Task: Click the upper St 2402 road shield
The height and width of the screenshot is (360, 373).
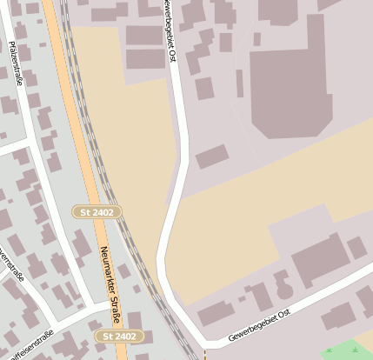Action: (97, 211)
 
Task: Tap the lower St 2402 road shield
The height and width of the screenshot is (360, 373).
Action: (118, 336)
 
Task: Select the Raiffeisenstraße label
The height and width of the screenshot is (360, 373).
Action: (30, 338)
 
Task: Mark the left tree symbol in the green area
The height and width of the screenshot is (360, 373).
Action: (330, 350)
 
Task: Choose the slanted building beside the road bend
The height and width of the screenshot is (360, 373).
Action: (212, 157)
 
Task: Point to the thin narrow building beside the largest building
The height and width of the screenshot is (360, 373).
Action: (240, 83)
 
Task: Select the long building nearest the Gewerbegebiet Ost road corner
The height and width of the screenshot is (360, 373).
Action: (216, 314)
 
